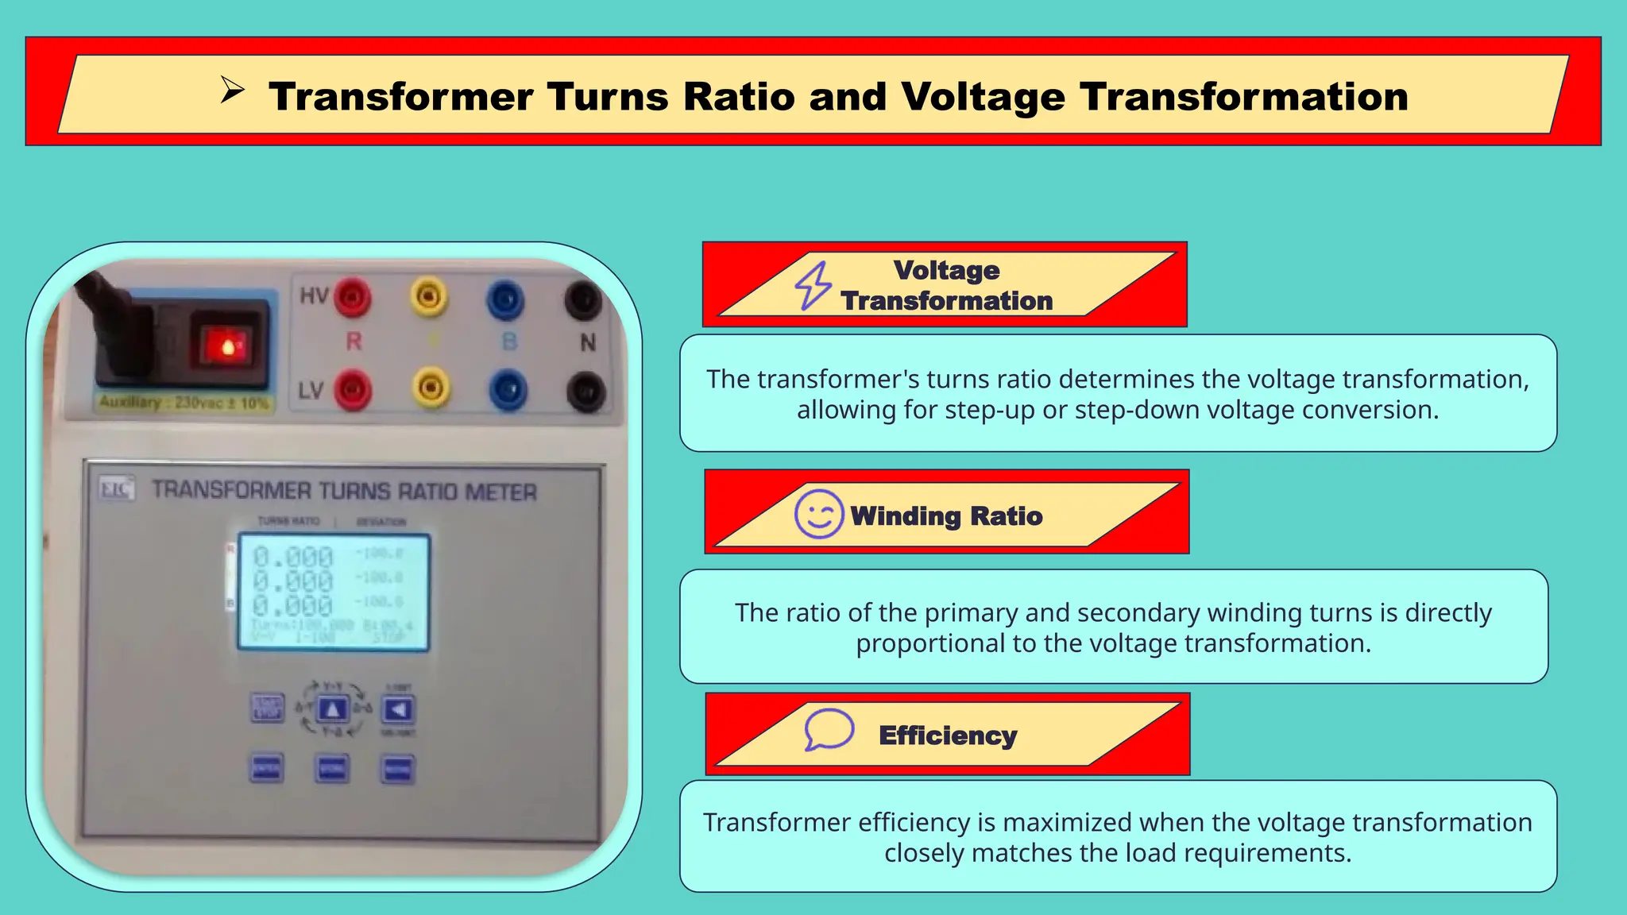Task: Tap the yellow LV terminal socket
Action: (431, 388)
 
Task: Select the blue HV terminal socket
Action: (505, 300)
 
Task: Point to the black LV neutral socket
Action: (585, 392)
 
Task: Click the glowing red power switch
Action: (226, 346)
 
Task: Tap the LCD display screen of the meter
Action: (334, 592)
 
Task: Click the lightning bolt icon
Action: (813, 285)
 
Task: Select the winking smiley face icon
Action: (818, 515)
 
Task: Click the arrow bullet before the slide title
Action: (232, 91)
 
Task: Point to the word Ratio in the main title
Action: (739, 97)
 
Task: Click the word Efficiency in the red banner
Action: (948, 735)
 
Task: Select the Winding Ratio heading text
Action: (946, 516)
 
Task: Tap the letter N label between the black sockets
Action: (588, 343)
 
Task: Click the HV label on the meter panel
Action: (314, 296)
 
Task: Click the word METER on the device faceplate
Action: (500, 492)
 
